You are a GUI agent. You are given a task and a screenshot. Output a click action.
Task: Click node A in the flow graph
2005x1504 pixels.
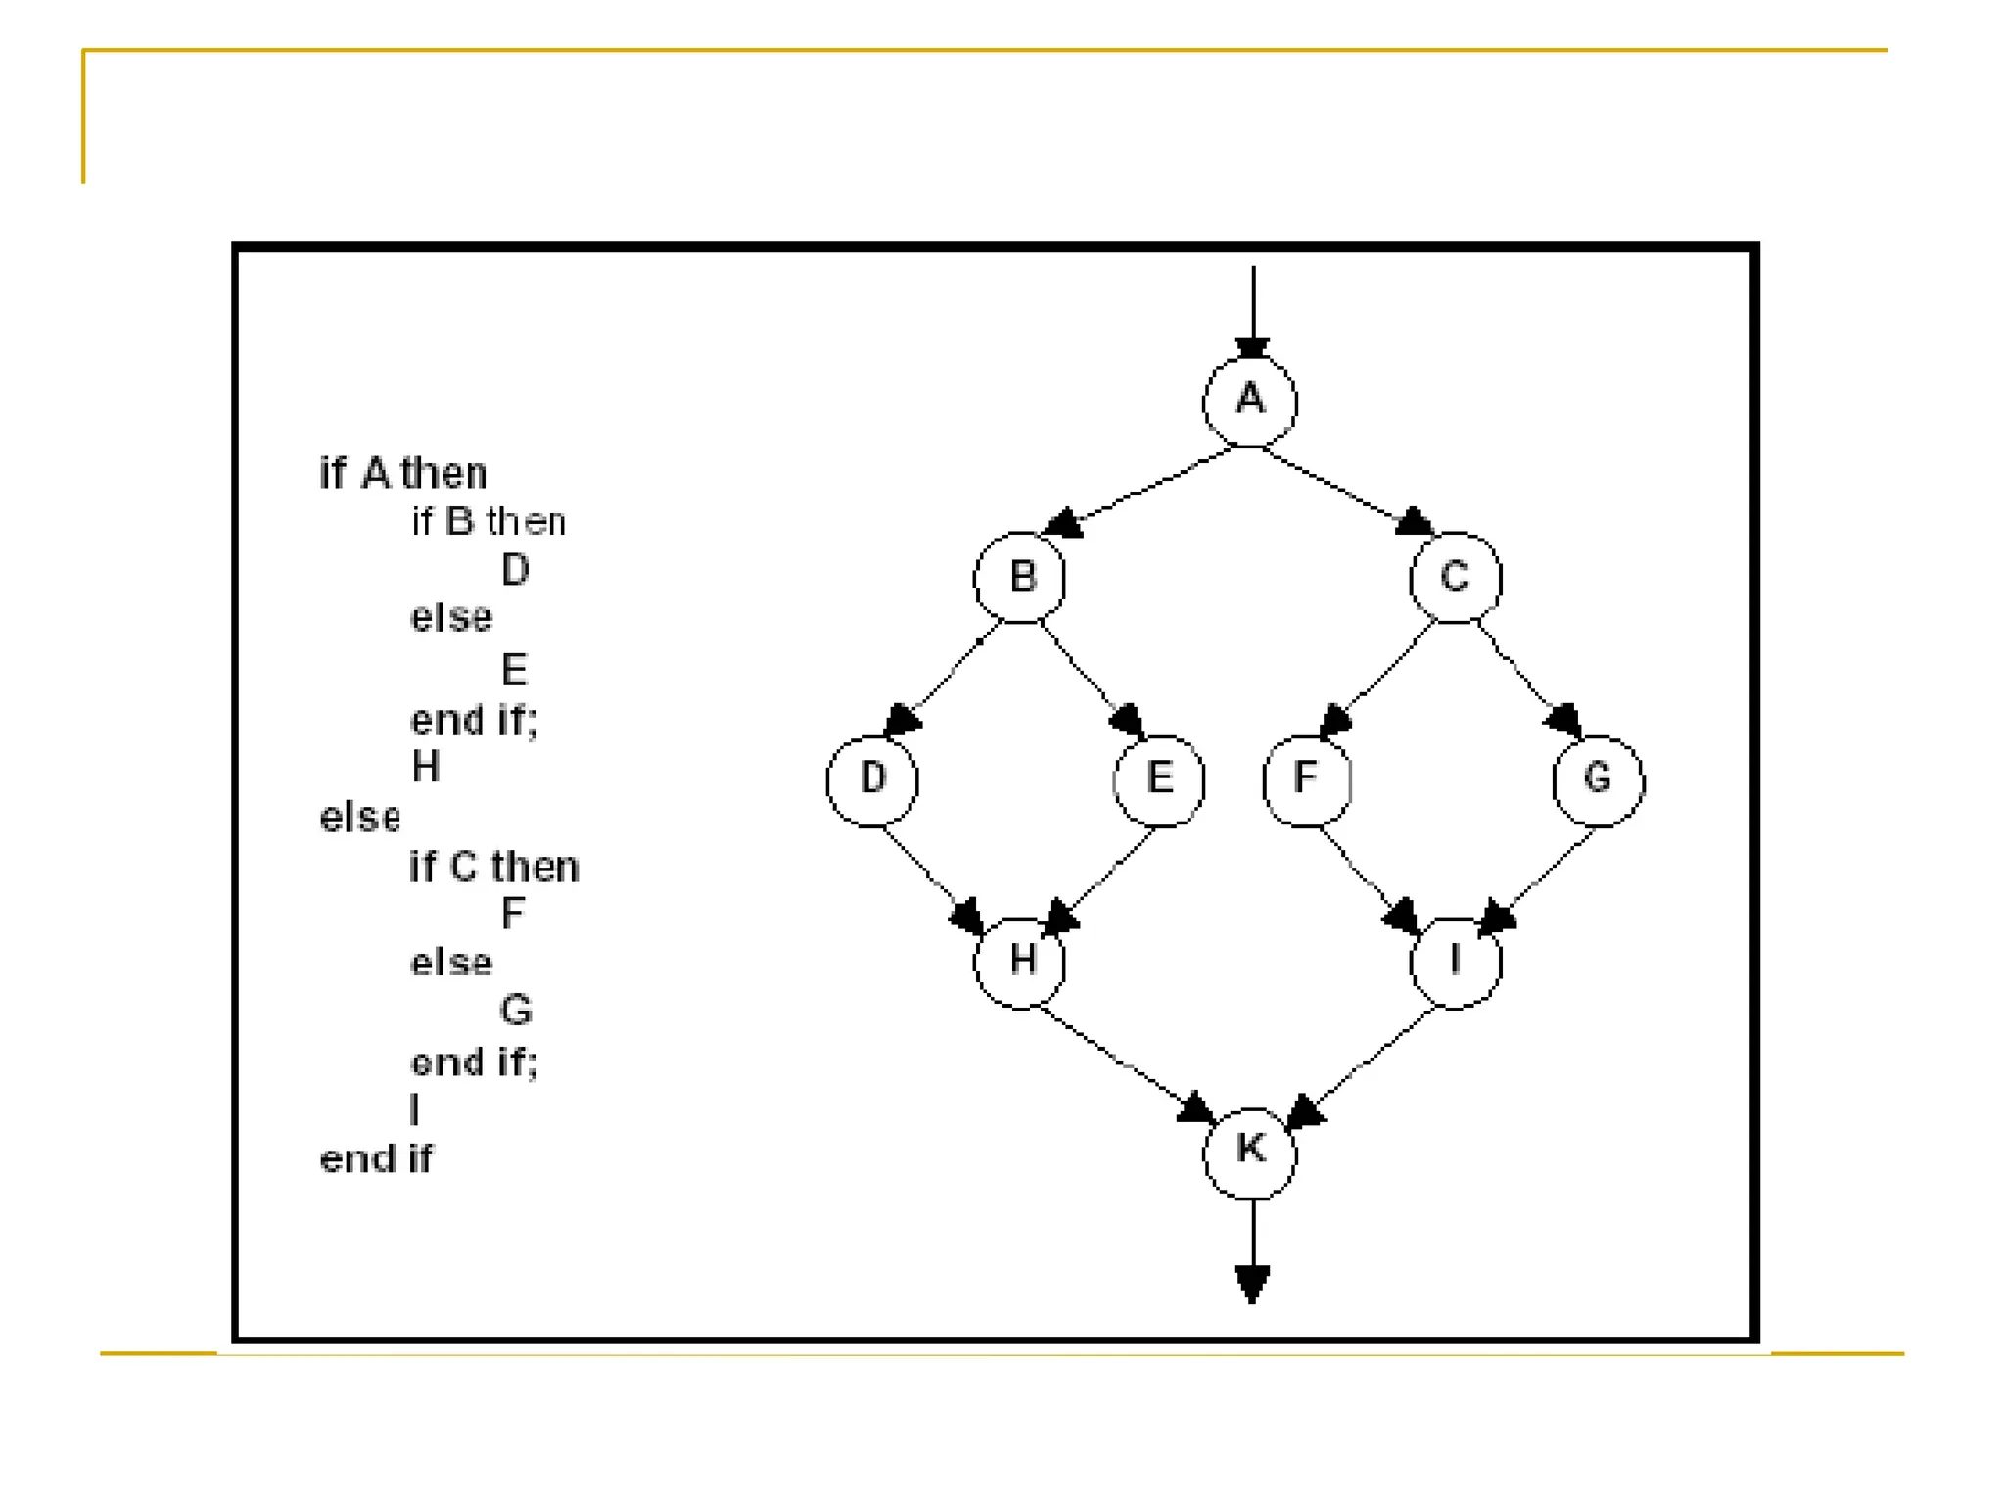(x=1250, y=401)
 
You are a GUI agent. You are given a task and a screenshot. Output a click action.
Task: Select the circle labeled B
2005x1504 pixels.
(x=1019, y=578)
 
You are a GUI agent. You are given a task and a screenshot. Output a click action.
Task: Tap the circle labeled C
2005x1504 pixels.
(x=1455, y=578)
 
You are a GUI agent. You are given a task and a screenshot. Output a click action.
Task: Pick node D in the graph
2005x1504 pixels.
(x=872, y=780)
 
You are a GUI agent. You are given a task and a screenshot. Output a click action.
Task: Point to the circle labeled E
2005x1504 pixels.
(x=1159, y=780)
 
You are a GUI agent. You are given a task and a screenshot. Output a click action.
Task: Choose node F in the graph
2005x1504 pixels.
(x=1307, y=780)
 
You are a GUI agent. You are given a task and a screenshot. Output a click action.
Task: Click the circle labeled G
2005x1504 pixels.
(x=1598, y=780)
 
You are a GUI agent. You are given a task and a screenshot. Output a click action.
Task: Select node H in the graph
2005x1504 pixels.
(x=1019, y=963)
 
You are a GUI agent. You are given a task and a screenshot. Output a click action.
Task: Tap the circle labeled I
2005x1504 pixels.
(x=1455, y=963)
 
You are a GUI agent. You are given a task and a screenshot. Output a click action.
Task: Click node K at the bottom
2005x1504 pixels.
(x=1250, y=1152)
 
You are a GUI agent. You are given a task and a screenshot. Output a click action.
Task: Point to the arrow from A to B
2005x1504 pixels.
(x=1141, y=491)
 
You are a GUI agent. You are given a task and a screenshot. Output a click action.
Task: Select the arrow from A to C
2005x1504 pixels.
(x=1346, y=490)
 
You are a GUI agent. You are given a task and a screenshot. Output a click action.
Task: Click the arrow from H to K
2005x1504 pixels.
(x=1126, y=1062)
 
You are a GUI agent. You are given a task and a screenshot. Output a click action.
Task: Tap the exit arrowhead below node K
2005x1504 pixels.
(x=1252, y=1283)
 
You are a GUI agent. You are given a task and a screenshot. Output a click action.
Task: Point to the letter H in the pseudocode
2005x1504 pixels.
(x=426, y=767)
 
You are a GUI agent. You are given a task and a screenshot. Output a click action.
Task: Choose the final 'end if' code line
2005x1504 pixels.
(x=376, y=1159)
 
